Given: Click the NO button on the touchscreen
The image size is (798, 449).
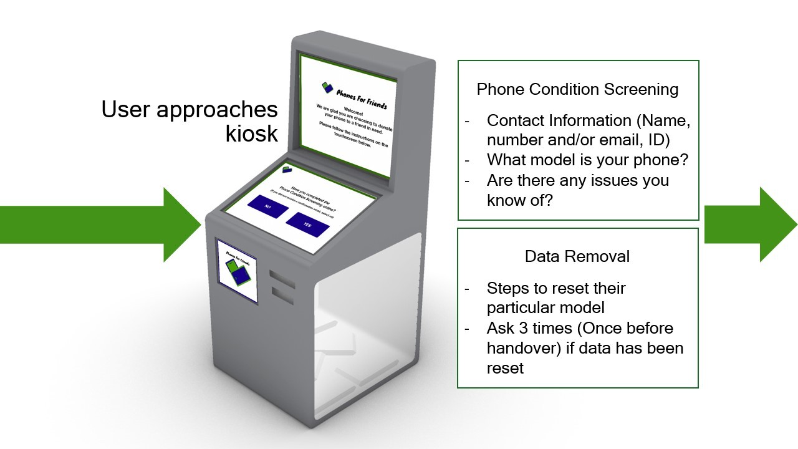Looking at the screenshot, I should pos(267,206).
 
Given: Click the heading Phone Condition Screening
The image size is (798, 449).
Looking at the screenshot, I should pos(577,89).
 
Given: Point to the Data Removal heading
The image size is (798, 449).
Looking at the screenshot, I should pos(577,256).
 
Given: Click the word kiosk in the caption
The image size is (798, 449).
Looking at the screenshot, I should pos(251,133).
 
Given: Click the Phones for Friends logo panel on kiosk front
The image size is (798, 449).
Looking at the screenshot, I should pos(236,271).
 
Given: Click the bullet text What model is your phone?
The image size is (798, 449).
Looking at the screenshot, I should pos(587,160).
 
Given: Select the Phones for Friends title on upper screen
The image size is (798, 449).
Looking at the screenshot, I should pos(361,98).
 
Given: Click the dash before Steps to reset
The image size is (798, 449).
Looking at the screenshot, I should pos(467,289).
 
